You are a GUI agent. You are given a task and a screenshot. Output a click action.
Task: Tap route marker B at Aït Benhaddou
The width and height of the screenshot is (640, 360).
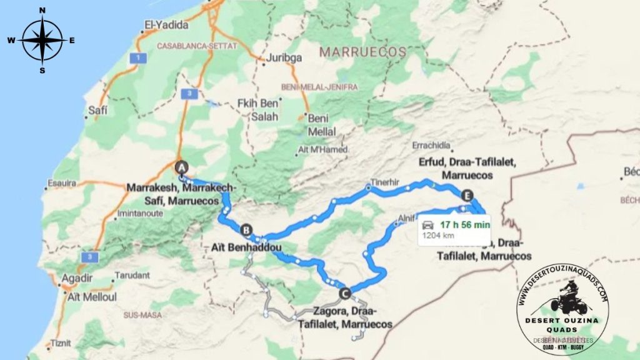tap(246, 229)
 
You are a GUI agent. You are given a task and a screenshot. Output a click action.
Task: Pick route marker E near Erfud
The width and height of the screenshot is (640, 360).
tap(466, 194)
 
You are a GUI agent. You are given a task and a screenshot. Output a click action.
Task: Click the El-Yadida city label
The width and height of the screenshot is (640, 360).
tap(162, 26)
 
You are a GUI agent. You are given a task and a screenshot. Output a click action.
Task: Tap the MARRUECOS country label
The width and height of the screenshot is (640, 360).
tap(362, 52)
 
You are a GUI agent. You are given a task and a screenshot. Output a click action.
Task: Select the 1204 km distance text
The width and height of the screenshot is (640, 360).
tap(439, 236)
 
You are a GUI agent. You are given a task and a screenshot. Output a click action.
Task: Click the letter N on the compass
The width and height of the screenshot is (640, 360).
tap(42, 11)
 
